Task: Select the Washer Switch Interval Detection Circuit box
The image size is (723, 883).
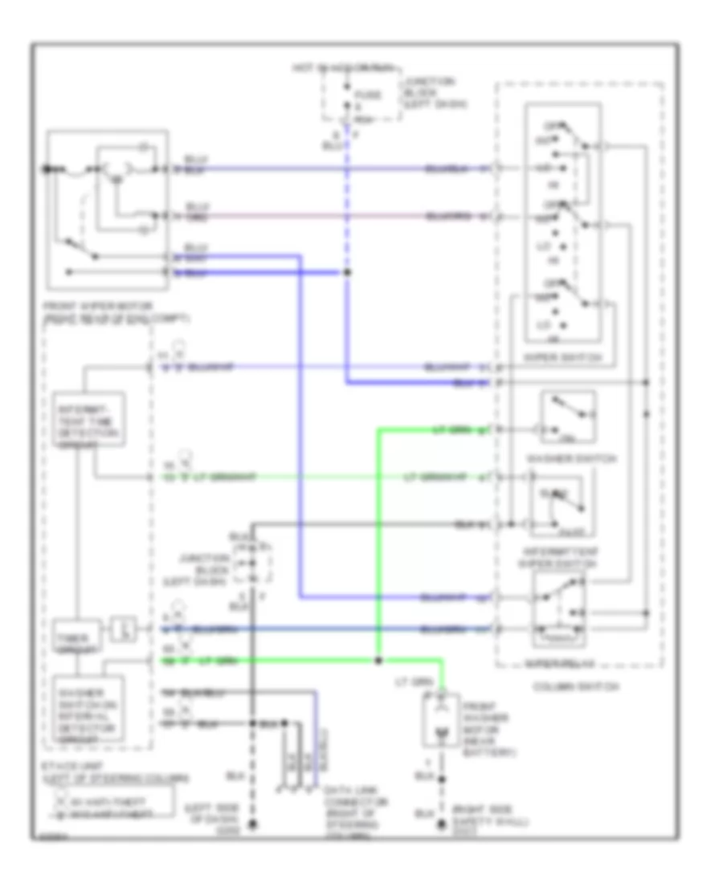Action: click(x=88, y=710)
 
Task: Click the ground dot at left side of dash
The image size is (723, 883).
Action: click(x=252, y=825)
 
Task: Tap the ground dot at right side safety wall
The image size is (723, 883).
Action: click(x=440, y=825)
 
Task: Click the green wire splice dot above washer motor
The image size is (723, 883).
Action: click(x=378, y=661)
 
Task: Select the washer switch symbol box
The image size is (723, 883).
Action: click(x=568, y=417)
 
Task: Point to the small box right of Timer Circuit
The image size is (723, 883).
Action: click(x=122, y=626)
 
